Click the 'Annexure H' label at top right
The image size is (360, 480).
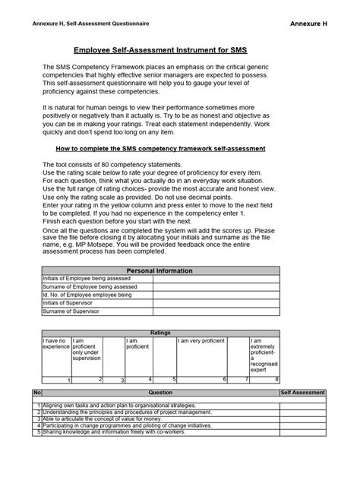(x=308, y=24)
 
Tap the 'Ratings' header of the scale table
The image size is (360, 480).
(x=160, y=333)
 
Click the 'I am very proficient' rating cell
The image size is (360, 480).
(x=201, y=342)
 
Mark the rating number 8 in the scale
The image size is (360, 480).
(x=276, y=378)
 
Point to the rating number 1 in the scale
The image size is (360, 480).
(x=68, y=379)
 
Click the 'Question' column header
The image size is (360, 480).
(x=160, y=393)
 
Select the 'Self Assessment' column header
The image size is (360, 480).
(x=303, y=393)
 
